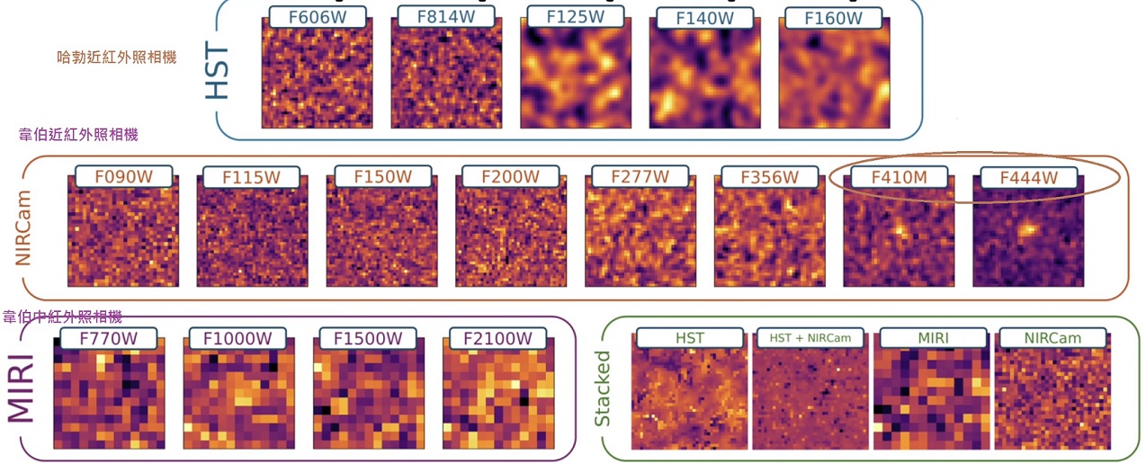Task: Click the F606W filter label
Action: [318, 17]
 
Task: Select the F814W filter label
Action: [446, 17]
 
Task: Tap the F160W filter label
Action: [833, 18]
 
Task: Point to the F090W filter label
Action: [124, 176]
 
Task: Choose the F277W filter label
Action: [640, 176]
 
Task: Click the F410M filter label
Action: [899, 177]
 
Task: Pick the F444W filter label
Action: [1029, 177]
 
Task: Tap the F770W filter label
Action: [109, 338]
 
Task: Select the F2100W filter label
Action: [497, 338]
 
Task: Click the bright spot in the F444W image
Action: [1025, 229]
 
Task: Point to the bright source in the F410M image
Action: [900, 228]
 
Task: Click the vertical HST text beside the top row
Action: [217, 71]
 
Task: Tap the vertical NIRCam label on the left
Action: [23, 228]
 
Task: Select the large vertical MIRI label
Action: [22, 388]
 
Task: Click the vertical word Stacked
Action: [602, 388]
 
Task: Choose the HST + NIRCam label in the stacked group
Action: [810, 338]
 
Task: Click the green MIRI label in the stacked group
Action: [933, 338]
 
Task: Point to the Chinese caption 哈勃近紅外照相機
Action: [117, 57]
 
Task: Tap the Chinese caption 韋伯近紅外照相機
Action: [78, 135]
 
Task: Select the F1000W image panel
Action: [239, 393]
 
